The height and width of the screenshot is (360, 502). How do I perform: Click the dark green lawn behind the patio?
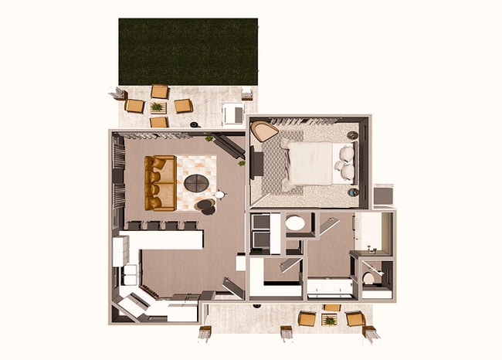pos(188,50)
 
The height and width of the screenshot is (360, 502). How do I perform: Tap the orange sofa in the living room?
pos(160,182)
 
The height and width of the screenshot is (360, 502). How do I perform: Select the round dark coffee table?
pos(196,183)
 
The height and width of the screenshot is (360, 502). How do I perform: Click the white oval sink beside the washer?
pos(295,224)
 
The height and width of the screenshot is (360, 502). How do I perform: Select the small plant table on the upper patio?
pos(158,107)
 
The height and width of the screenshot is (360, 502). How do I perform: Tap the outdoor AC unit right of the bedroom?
pos(383,195)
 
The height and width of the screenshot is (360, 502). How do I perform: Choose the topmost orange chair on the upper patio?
pos(160,91)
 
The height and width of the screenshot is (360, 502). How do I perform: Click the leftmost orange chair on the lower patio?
pos(307,318)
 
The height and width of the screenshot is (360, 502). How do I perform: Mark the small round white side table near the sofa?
pos(219,195)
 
